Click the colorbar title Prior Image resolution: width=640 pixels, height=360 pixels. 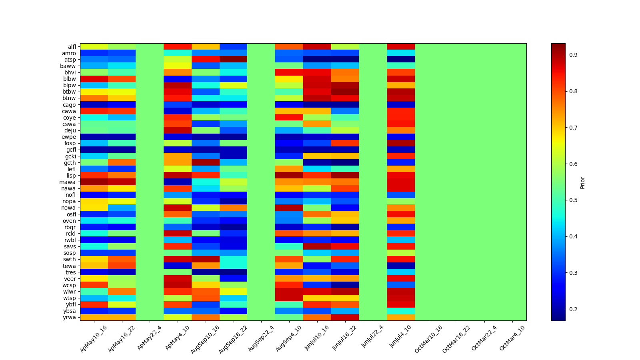(582, 182)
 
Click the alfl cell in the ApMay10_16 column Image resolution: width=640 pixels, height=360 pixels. (94, 47)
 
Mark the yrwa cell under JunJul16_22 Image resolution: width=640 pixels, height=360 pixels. (345, 317)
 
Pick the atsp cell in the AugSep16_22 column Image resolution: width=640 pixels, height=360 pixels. (233, 60)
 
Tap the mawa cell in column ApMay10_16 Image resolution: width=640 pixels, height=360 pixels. (94, 182)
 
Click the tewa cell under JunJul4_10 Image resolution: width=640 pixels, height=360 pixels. (401, 266)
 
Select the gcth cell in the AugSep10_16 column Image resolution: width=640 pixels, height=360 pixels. (206, 162)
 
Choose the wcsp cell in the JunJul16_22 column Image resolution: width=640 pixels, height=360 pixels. (345, 285)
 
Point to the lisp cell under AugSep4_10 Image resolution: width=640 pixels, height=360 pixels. (289, 176)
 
